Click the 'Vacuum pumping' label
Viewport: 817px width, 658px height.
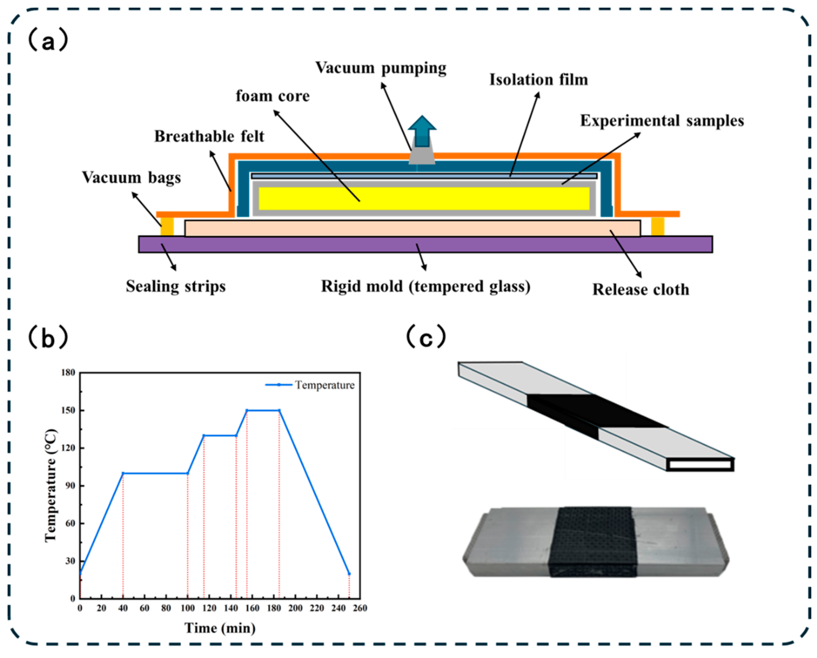coord(381,68)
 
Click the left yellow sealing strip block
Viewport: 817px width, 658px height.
coord(167,226)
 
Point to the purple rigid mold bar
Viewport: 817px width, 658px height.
coord(425,245)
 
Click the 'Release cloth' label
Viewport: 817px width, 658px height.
coord(640,290)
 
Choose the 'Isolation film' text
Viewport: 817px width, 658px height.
coord(538,80)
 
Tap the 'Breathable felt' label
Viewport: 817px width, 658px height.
coord(209,136)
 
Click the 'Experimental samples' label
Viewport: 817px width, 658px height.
coord(662,120)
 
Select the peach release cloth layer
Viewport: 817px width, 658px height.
coord(412,228)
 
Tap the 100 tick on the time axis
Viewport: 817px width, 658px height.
coord(188,608)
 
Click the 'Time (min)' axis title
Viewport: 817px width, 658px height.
coord(220,628)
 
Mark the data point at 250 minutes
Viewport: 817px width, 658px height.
coord(349,574)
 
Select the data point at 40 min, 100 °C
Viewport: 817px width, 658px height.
coord(123,473)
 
